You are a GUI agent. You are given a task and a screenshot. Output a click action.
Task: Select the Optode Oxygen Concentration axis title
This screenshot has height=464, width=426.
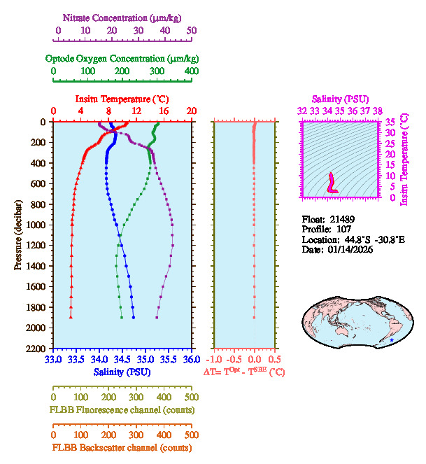pyautogui.click(x=121, y=58)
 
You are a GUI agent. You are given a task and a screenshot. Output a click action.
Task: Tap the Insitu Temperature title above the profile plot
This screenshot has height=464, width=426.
pyautogui.click(x=122, y=99)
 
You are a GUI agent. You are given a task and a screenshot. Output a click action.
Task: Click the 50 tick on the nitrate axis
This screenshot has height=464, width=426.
pyautogui.click(x=192, y=31)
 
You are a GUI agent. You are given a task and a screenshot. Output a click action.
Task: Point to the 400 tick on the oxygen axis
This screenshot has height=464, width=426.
pyautogui.click(x=192, y=71)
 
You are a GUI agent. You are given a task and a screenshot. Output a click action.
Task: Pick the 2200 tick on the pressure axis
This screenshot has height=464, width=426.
pyautogui.click(x=37, y=349)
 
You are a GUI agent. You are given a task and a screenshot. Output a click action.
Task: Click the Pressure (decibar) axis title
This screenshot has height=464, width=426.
pyautogui.click(x=17, y=235)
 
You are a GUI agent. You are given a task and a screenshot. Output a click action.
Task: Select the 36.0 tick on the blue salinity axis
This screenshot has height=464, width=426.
pyautogui.click(x=191, y=359)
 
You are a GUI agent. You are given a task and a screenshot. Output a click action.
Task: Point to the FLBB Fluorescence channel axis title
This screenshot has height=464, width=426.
pyautogui.click(x=121, y=409)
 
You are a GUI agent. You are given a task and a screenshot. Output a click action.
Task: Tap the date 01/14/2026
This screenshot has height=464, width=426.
pyautogui.click(x=350, y=250)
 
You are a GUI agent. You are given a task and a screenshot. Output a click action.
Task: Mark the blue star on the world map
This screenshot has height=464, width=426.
pyautogui.click(x=391, y=340)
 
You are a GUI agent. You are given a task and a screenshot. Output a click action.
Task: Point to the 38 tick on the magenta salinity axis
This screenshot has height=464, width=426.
pyautogui.click(x=378, y=111)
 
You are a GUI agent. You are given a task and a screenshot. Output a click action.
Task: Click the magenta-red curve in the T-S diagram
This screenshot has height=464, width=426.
pyautogui.click(x=332, y=183)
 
